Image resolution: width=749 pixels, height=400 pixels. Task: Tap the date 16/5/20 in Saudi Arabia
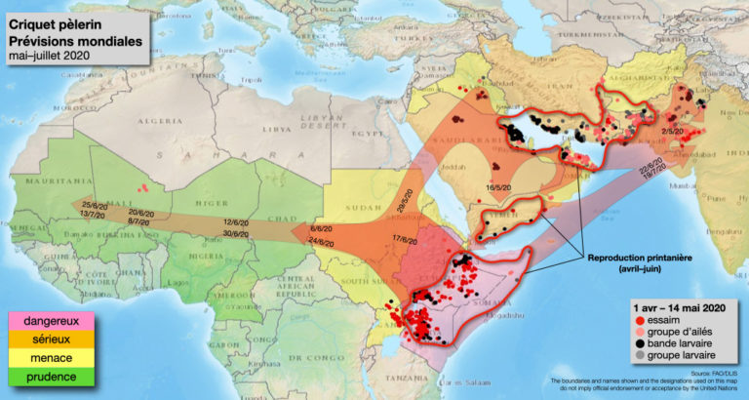[x=499, y=187]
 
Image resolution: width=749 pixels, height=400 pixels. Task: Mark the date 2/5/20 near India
[x=671, y=130]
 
